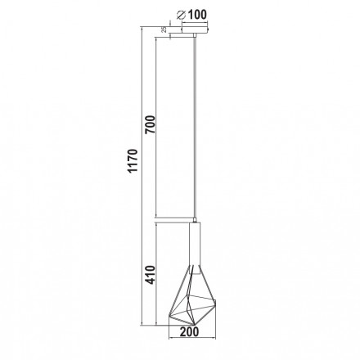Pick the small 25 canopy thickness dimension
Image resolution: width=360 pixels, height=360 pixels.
pyautogui.click(x=164, y=29)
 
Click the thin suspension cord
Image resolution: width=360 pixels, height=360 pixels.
pyautogui.click(x=195, y=123)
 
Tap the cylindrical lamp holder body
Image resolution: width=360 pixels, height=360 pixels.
pyautogui.click(x=195, y=245)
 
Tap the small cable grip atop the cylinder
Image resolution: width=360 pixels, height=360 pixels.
pyautogui.click(x=195, y=220)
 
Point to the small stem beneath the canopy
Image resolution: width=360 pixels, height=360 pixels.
pyautogui.click(x=195, y=38)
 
